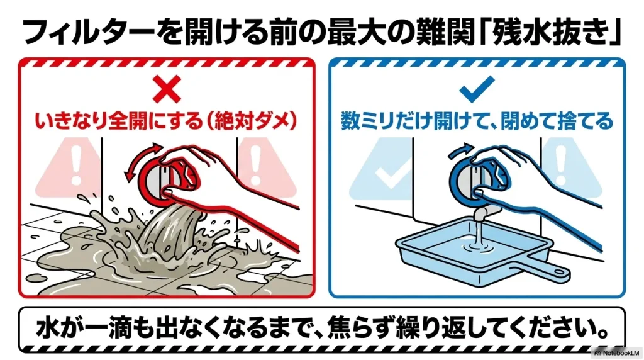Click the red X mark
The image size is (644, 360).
click(167, 91)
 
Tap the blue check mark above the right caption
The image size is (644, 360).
click(477, 91)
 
